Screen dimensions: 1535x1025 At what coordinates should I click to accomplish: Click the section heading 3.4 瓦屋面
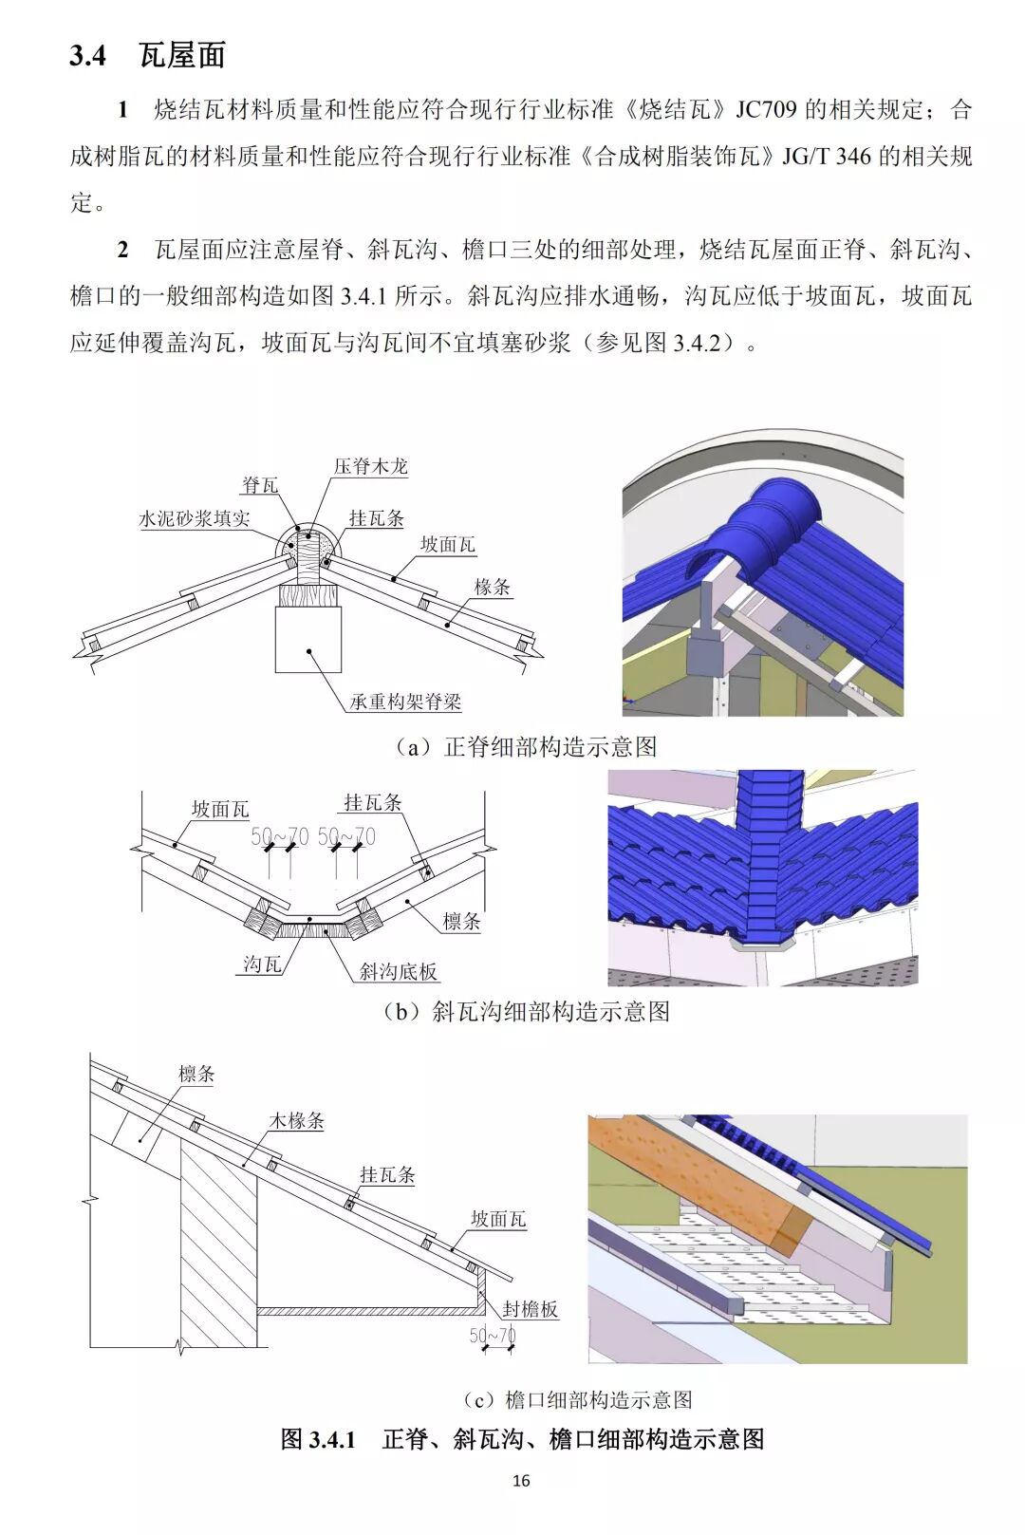pos(147,56)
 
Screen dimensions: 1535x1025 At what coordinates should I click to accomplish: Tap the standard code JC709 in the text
pos(767,110)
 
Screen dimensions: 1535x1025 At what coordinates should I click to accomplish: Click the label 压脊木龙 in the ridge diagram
pos(370,466)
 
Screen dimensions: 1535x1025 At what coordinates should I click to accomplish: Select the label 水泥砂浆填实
pos(195,518)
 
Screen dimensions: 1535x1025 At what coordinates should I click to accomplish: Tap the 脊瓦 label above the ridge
pos(260,486)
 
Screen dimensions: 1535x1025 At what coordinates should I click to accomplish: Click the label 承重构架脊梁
pos(405,702)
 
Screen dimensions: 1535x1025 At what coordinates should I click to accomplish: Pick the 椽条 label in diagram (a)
pos(493,588)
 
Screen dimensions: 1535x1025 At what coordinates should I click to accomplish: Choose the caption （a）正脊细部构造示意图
pos(526,747)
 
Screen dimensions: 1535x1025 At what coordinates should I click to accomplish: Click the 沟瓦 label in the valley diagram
pos(262,964)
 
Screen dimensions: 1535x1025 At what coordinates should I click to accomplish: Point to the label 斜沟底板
pos(399,971)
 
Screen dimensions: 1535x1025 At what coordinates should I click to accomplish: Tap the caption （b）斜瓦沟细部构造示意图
pos(526,1012)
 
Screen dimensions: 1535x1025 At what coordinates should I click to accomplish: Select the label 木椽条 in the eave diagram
pos(297,1121)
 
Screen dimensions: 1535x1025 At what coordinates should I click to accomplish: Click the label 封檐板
pos(530,1309)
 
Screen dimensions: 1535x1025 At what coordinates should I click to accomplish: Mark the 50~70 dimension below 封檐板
pos(493,1336)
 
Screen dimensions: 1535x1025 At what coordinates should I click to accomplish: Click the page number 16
pos(520,1481)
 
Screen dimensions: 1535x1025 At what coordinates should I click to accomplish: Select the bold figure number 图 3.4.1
pos(318,1439)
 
